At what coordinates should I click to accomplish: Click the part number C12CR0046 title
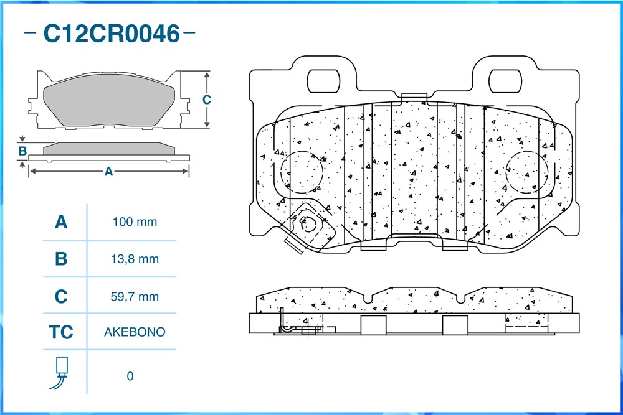[112, 34]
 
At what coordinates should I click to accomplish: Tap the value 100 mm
[135, 221]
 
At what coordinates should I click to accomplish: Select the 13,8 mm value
[135, 259]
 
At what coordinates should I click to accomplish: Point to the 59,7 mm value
[135, 296]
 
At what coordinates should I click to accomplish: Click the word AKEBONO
[135, 332]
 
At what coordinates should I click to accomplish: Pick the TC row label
[61, 332]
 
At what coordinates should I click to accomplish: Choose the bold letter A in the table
[61, 221]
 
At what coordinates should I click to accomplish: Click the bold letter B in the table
[61, 259]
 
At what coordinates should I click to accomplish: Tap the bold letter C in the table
[61, 296]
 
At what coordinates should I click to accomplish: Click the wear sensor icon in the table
[60, 373]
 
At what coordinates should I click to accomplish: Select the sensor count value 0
[130, 376]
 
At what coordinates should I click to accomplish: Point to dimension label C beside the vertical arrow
[207, 100]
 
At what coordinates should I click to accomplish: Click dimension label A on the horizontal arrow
[108, 171]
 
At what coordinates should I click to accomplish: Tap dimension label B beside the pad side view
[22, 151]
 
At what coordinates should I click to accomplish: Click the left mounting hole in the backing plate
[323, 82]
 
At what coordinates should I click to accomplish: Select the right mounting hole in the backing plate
[505, 82]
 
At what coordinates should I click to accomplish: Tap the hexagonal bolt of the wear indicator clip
[308, 225]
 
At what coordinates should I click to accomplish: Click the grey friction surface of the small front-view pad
[108, 100]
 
